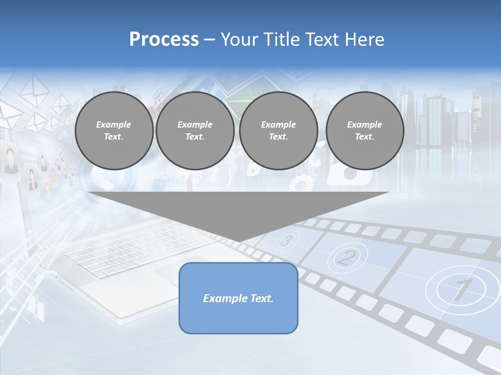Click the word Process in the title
coord(164,40)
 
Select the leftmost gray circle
coord(114,131)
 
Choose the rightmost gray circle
coord(364,131)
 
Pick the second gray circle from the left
coord(195,131)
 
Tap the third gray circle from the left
coord(278,131)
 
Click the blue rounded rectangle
coord(238,298)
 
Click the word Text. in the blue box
coord(262,298)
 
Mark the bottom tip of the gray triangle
coord(238,242)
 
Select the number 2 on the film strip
coord(348,256)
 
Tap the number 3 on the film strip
coord(286,241)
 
